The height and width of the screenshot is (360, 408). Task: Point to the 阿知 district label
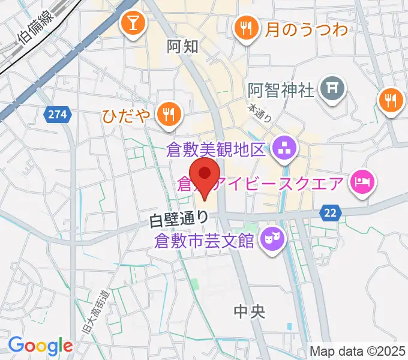(x=182, y=47)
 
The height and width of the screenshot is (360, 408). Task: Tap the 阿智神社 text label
(x=281, y=91)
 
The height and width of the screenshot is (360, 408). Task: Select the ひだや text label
(x=126, y=112)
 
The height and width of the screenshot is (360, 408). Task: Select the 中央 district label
(x=248, y=311)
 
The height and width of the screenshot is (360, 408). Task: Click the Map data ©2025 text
(x=358, y=350)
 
